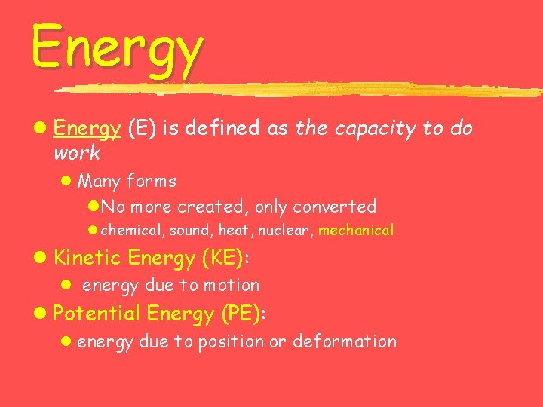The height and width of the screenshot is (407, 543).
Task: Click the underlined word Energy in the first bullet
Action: pos(87,130)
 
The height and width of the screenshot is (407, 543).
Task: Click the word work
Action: pos(76,154)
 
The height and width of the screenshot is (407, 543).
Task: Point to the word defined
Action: pos(225,129)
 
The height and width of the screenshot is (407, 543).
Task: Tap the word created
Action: pos(213,206)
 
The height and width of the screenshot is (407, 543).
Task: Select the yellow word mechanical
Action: pos(356,231)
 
